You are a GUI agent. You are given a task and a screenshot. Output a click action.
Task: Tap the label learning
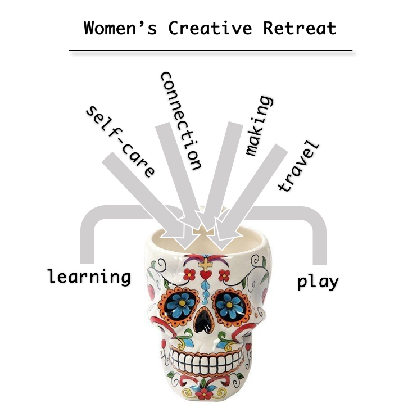pyautogui.click(x=89, y=277)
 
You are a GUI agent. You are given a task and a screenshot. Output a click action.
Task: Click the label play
pyautogui.click(x=318, y=280)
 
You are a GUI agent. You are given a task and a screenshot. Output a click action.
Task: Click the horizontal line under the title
pyautogui.click(x=210, y=51)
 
